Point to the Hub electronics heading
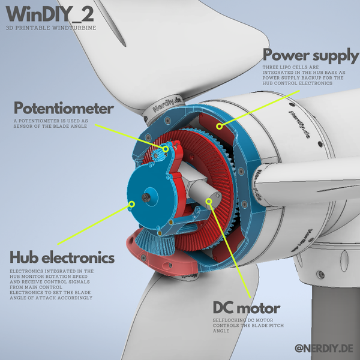click(x=62, y=257)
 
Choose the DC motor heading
click(x=247, y=308)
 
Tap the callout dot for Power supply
click(x=220, y=126)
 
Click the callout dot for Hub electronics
click(x=131, y=205)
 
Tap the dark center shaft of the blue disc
click(x=146, y=197)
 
